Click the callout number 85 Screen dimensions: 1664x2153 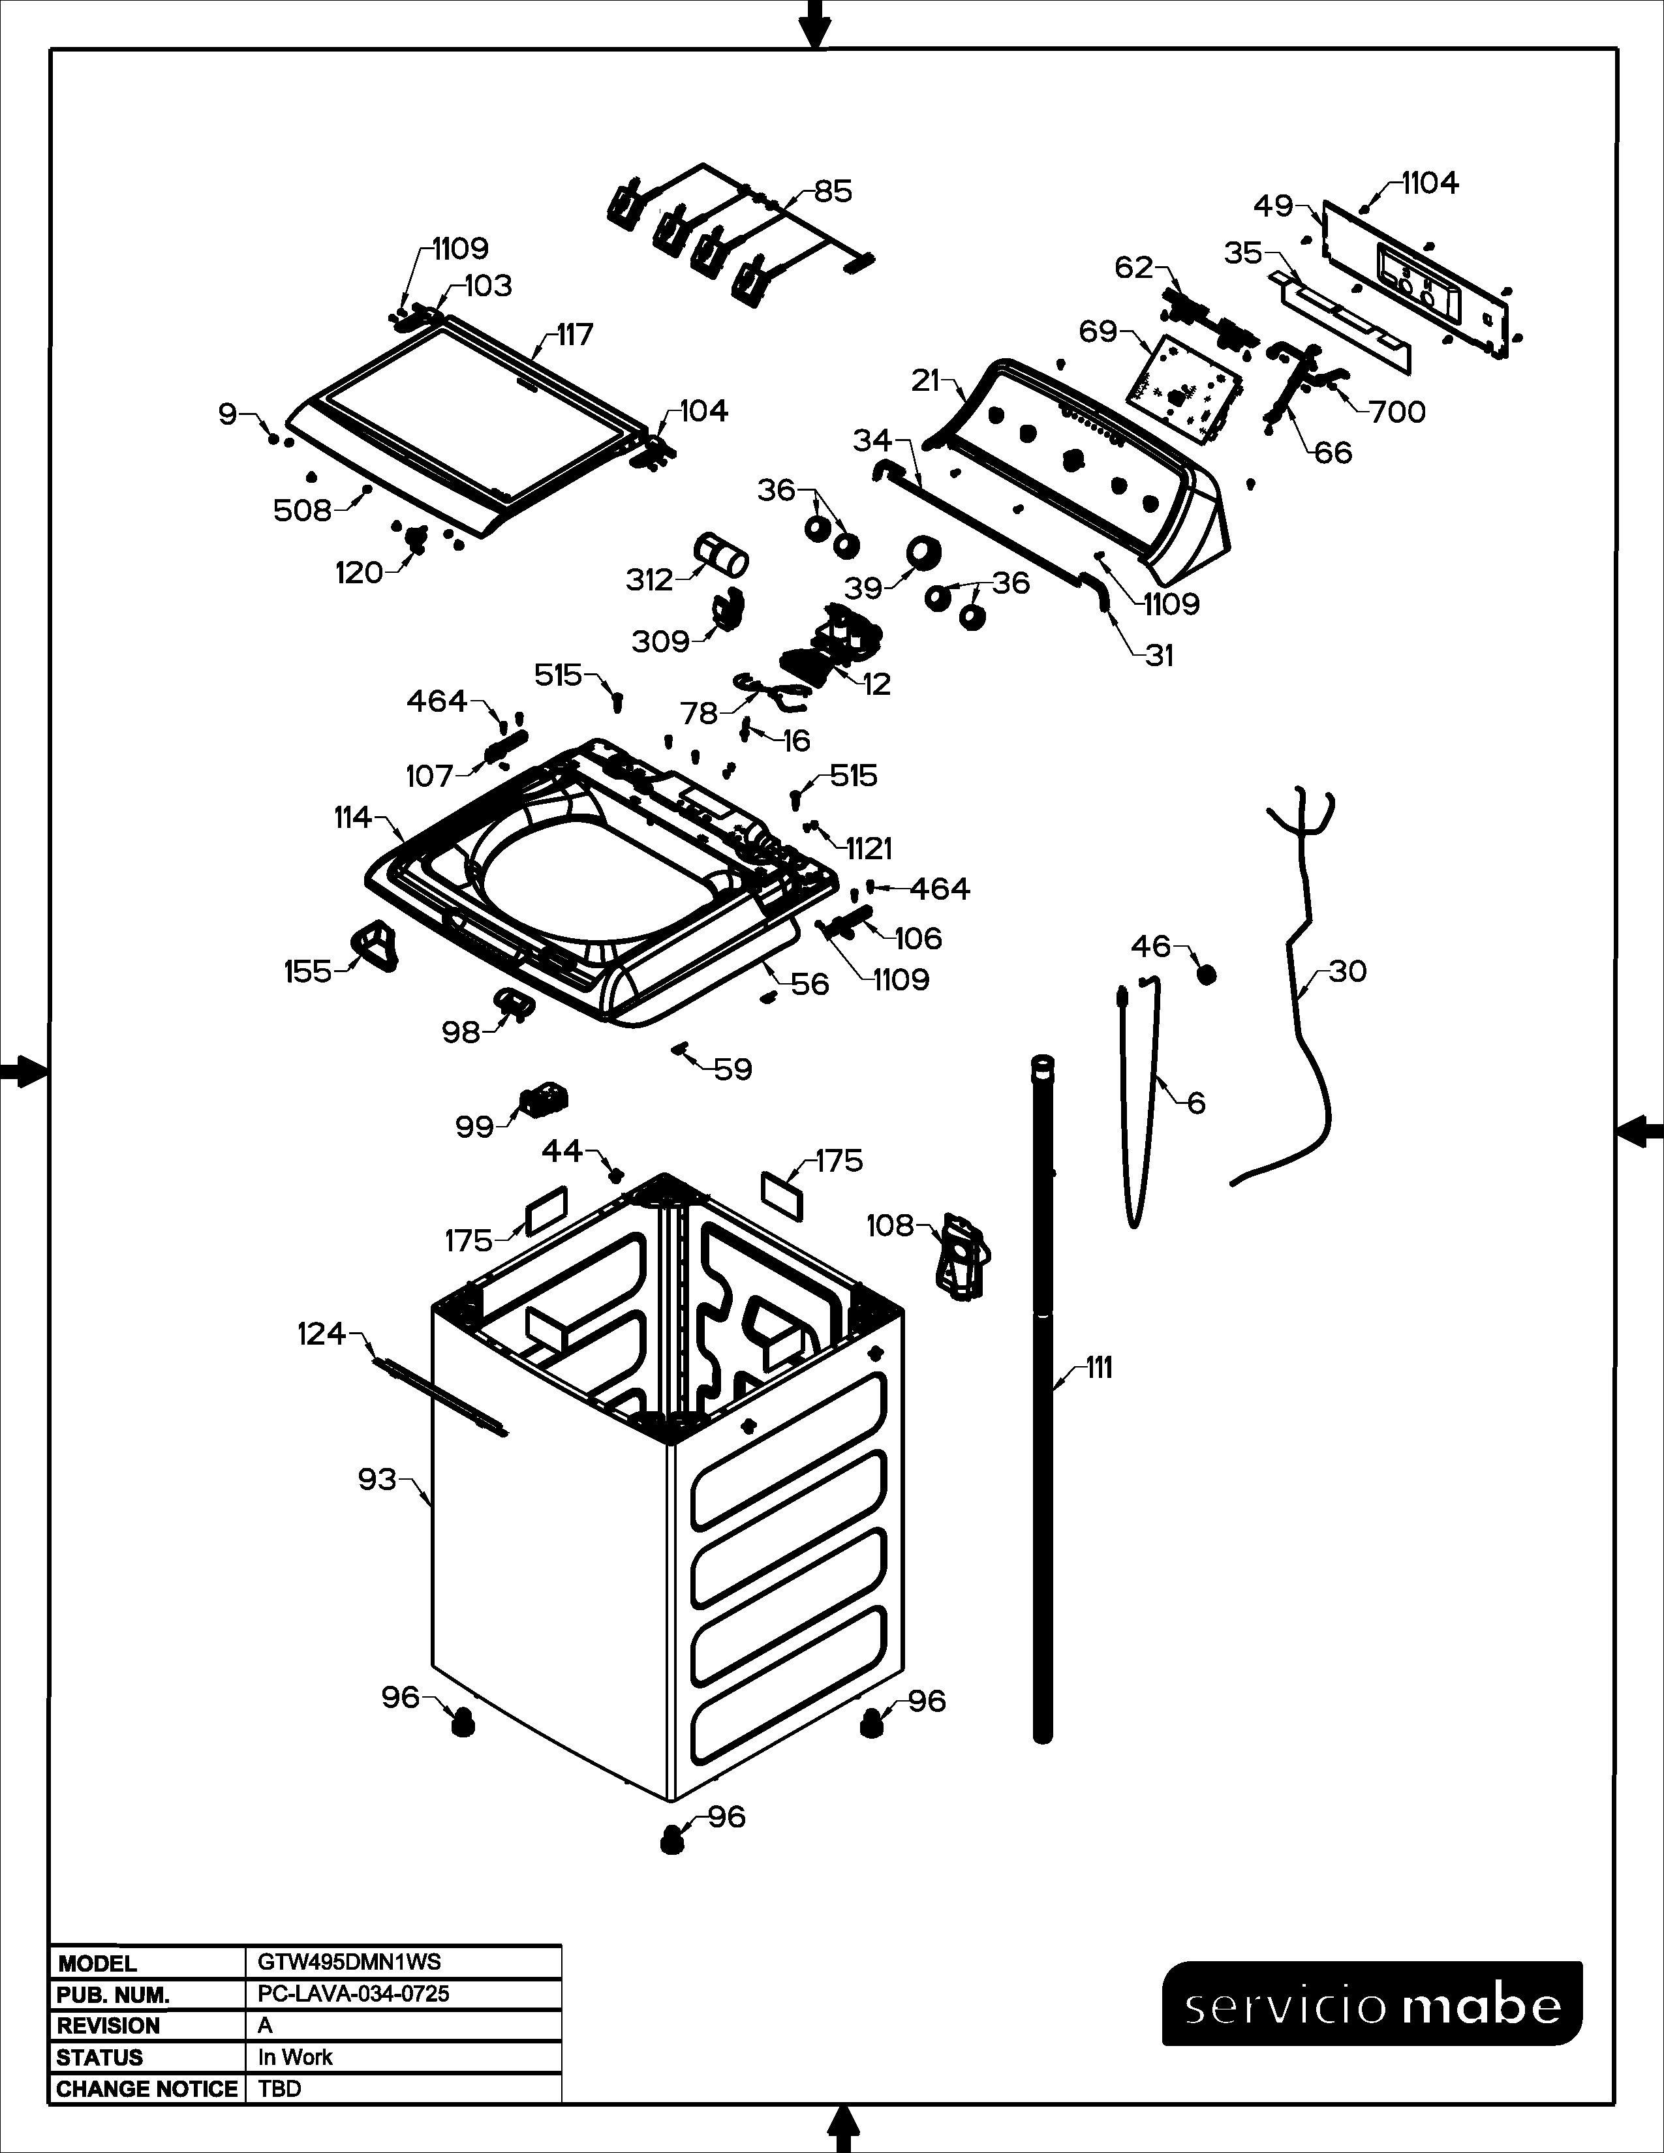coord(833,191)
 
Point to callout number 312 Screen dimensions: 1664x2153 coord(650,579)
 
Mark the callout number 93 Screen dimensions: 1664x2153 coord(377,1480)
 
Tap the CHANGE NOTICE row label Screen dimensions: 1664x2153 coord(147,2089)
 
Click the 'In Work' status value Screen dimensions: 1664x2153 coord(295,2057)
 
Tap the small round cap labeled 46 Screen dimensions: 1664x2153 coord(1206,974)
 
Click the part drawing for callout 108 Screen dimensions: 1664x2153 coord(962,1255)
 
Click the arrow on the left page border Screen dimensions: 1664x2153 coord(23,1071)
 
